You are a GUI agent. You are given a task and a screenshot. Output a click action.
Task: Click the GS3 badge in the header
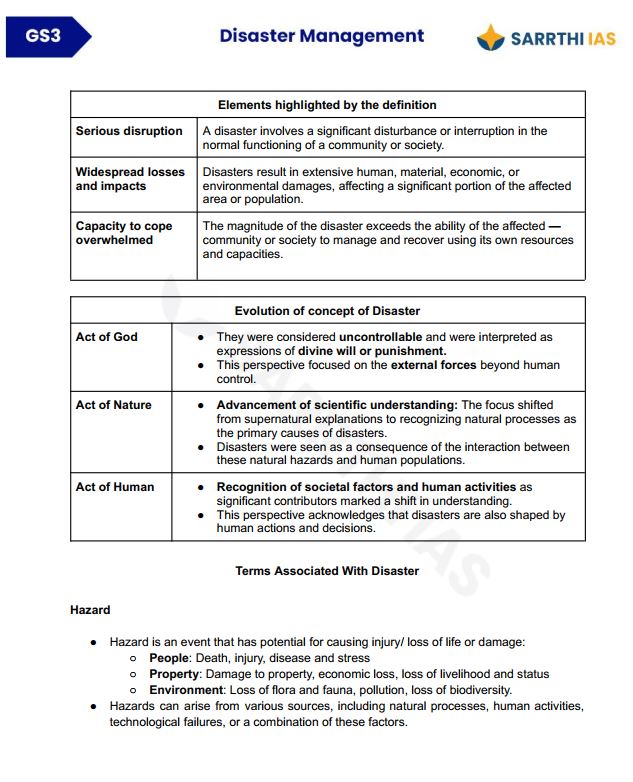click(x=45, y=37)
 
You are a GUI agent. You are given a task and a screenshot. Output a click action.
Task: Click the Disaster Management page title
click(x=321, y=36)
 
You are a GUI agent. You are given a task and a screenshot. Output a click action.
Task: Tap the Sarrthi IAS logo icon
click(x=491, y=38)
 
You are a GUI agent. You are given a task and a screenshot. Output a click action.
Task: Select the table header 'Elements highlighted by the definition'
click(x=327, y=105)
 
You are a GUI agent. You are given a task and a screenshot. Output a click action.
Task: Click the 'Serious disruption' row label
click(x=129, y=131)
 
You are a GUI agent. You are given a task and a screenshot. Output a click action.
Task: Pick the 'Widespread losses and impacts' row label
click(x=130, y=179)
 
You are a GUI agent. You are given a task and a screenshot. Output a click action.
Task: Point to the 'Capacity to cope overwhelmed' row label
click(x=124, y=233)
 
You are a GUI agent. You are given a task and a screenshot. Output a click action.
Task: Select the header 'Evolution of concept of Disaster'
click(x=327, y=311)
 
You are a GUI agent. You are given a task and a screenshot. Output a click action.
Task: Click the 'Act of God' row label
click(x=107, y=337)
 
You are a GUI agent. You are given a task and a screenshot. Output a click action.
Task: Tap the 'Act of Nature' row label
click(x=114, y=405)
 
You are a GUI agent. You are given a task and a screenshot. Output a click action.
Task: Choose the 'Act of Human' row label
click(x=115, y=487)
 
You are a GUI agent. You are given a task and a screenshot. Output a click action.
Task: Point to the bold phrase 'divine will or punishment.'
click(x=372, y=351)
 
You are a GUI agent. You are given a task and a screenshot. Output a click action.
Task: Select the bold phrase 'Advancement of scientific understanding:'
click(x=336, y=405)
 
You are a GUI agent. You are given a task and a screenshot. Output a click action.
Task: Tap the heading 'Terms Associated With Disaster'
click(x=327, y=571)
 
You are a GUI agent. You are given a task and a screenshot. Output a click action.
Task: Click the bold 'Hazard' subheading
click(x=90, y=610)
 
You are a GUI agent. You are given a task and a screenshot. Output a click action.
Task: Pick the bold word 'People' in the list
click(x=169, y=658)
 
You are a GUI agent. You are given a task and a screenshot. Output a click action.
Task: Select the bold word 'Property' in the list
click(x=174, y=674)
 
